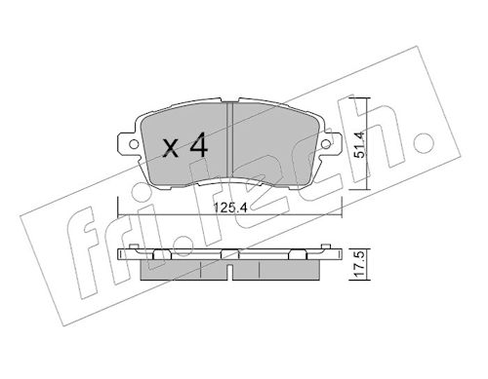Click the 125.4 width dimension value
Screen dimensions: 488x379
tap(230, 208)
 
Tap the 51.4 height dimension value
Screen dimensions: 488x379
tap(360, 145)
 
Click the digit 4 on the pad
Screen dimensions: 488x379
tap(199, 145)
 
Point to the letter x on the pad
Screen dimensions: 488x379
tap(171, 148)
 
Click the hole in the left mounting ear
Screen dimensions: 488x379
tap(134, 143)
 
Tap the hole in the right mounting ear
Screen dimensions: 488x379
tap(325, 143)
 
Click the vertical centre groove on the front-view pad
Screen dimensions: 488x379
tap(229, 140)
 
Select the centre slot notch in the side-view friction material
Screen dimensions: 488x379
tap(229, 272)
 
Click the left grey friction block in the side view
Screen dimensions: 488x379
tap(183, 269)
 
